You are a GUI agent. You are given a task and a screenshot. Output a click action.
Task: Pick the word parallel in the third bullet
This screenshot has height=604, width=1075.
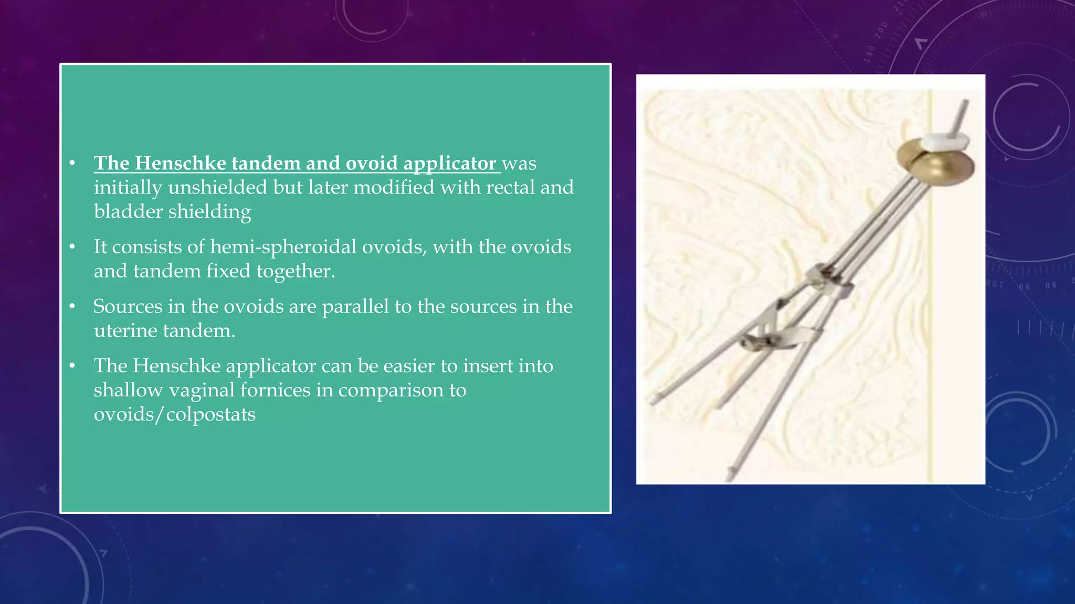coord(355,307)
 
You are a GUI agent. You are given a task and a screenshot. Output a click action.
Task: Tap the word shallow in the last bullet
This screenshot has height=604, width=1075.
coord(128,390)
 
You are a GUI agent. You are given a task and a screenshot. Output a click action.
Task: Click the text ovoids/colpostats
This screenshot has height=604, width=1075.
coord(174,414)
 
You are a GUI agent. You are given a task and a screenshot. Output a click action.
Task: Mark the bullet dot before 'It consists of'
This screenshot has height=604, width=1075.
coord(72,246)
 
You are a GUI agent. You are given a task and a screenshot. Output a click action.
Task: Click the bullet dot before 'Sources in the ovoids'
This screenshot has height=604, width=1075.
coord(72,306)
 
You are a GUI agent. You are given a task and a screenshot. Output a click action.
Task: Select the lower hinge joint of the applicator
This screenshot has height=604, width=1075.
coord(756,341)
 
